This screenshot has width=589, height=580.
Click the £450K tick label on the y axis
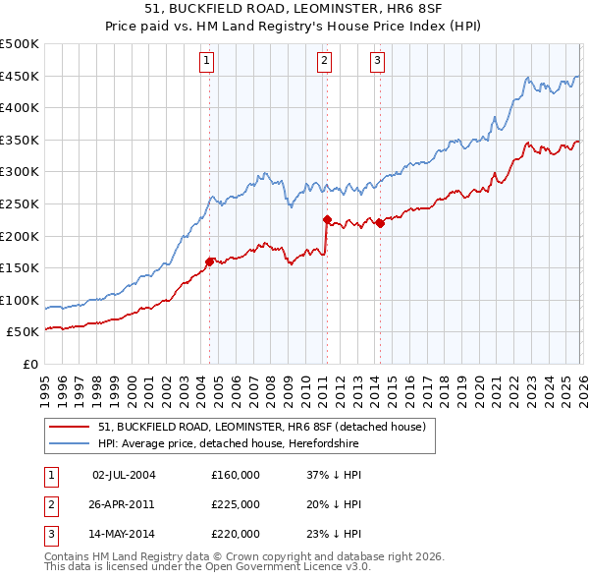coord(20,76)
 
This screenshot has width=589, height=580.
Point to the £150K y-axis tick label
coord(20,267)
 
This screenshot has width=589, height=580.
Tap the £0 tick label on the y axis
coord(29,364)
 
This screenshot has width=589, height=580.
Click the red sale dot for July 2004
coord(209,261)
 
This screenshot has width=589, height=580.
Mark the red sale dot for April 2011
coord(327,220)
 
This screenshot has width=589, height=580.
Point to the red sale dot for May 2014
coord(380,223)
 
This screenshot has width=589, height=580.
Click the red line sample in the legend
coord(69,428)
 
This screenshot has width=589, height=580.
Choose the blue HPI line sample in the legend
coord(69,444)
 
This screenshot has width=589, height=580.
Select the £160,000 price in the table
coord(236,475)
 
